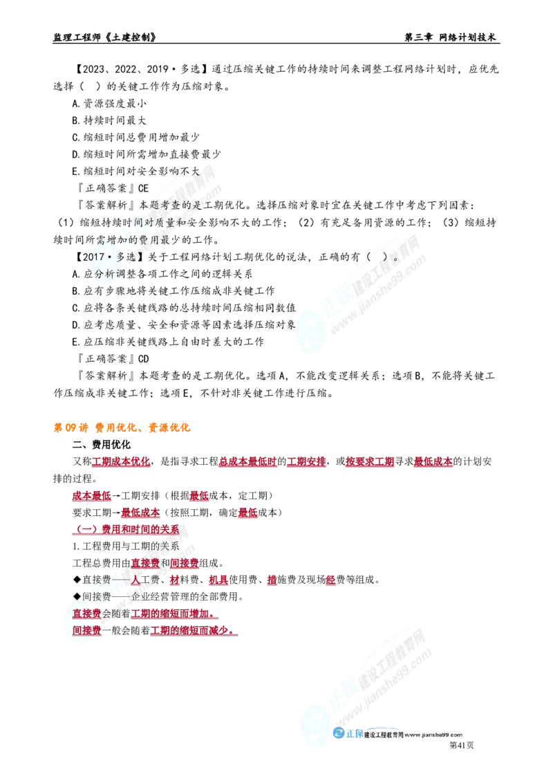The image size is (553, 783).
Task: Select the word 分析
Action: pos(101,273)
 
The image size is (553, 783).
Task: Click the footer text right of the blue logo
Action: pos(415,736)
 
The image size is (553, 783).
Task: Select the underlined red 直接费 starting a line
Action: pos(86,614)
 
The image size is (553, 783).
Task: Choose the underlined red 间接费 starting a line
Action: pos(86,630)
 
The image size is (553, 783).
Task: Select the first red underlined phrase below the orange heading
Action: pos(121,461)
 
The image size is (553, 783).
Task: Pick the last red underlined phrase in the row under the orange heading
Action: pos(433,461)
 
